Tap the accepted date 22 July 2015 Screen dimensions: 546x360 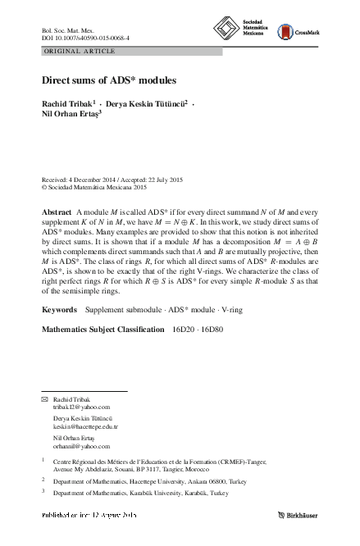[x=172, y=179]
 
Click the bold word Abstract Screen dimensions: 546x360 [x=57, y=212]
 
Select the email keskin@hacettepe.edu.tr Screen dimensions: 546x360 [x=85, y=426]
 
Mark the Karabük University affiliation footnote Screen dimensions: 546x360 [x=140, y=494]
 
